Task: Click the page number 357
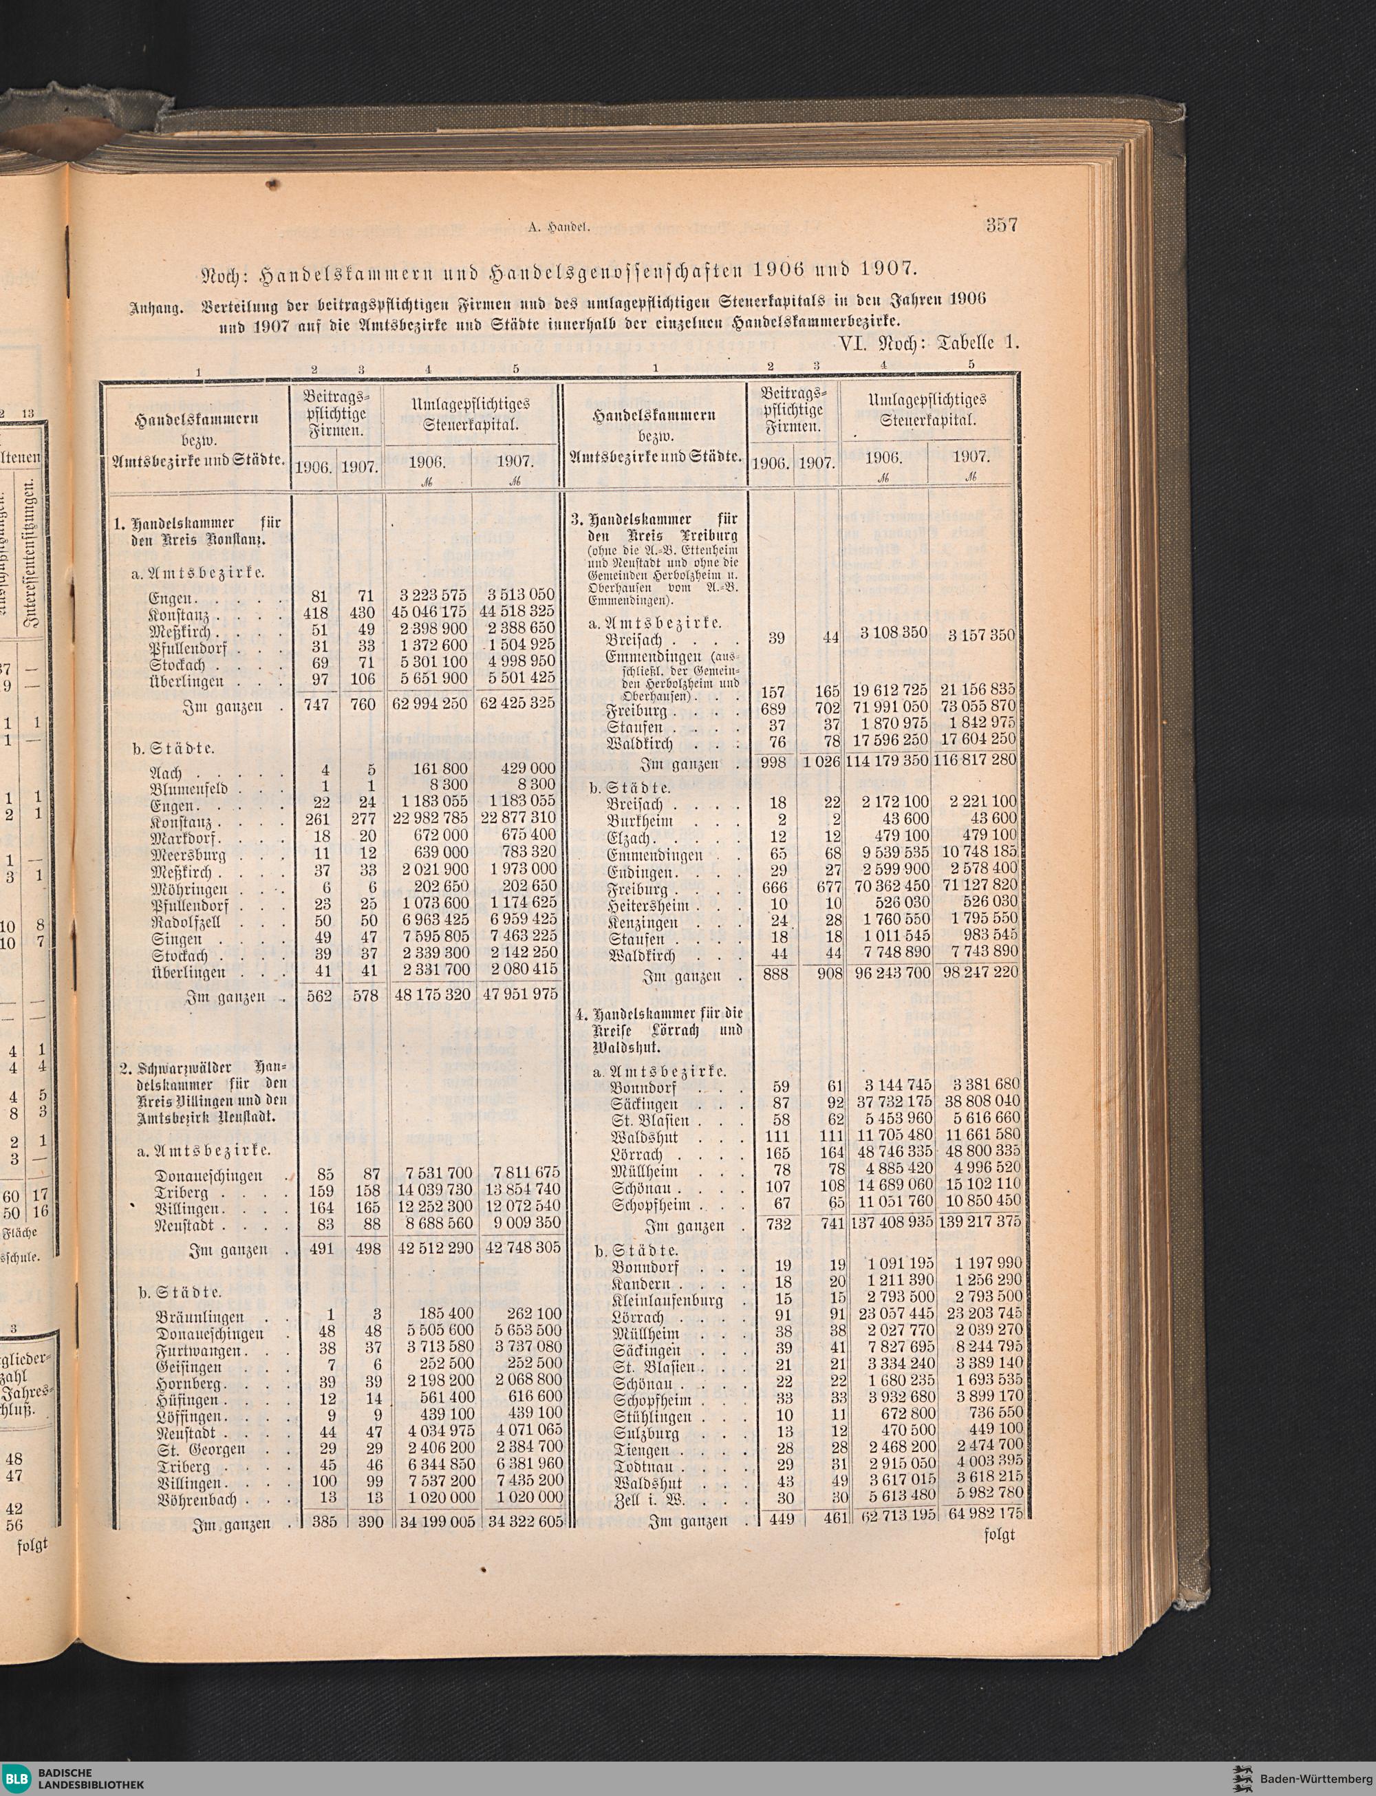(x=1001, y=225)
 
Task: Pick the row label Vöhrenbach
(x=197, y=1500)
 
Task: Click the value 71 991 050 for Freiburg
(x=881, y=707)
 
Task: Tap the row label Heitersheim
(x=654, y=906)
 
